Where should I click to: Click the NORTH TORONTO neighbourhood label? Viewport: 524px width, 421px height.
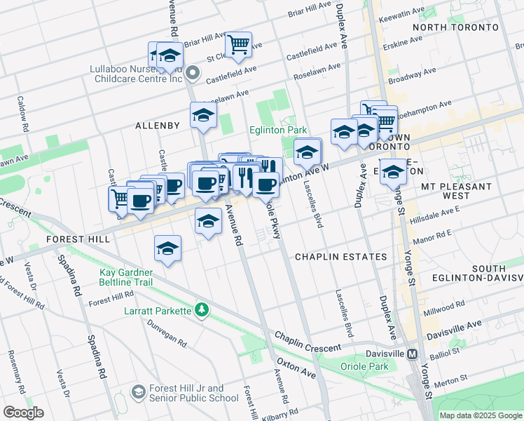[455, 27]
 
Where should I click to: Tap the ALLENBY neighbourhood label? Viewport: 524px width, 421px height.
[158, 126]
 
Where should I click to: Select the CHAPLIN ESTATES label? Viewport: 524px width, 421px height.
[340, 257]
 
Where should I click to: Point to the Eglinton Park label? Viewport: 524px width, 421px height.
[278, 131]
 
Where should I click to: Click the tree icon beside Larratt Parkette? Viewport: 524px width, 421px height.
[202, 309]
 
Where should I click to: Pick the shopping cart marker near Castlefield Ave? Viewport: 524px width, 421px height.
[239, 45]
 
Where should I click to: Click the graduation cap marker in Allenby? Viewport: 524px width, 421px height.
[203, 114]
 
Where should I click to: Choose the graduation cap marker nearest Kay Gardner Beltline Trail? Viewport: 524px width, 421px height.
[167, 248]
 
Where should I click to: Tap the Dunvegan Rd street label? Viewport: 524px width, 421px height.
[168, 334]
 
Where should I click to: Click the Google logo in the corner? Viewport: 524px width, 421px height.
[23, 413]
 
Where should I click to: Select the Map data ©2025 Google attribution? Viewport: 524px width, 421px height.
[480, 415]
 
